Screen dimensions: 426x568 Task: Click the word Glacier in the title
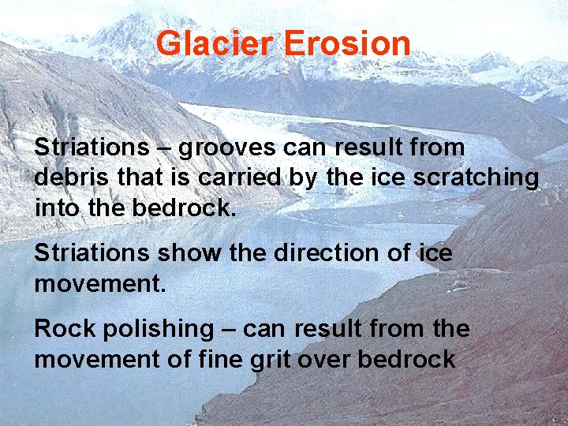coord(215,43)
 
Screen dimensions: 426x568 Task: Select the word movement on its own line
coord(100,283)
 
